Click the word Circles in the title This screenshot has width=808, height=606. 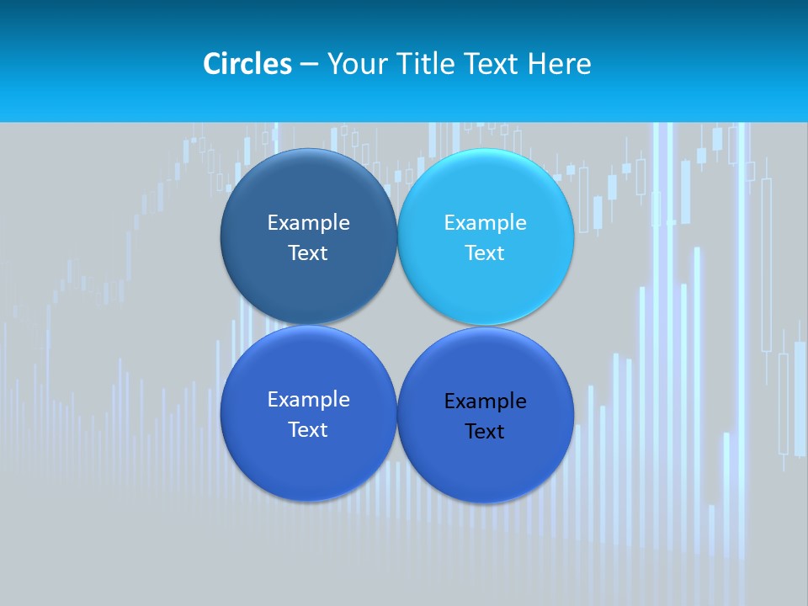247,64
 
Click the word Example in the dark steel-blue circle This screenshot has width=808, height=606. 308,223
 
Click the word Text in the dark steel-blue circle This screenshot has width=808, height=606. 308,253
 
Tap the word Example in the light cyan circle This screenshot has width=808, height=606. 485,223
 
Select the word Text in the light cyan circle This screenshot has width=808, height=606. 485,253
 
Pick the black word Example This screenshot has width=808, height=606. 485,401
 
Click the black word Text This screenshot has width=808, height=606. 485,432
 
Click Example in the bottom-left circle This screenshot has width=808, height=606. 308,400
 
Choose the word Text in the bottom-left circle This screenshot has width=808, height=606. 308,430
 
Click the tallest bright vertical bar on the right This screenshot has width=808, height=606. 742,337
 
